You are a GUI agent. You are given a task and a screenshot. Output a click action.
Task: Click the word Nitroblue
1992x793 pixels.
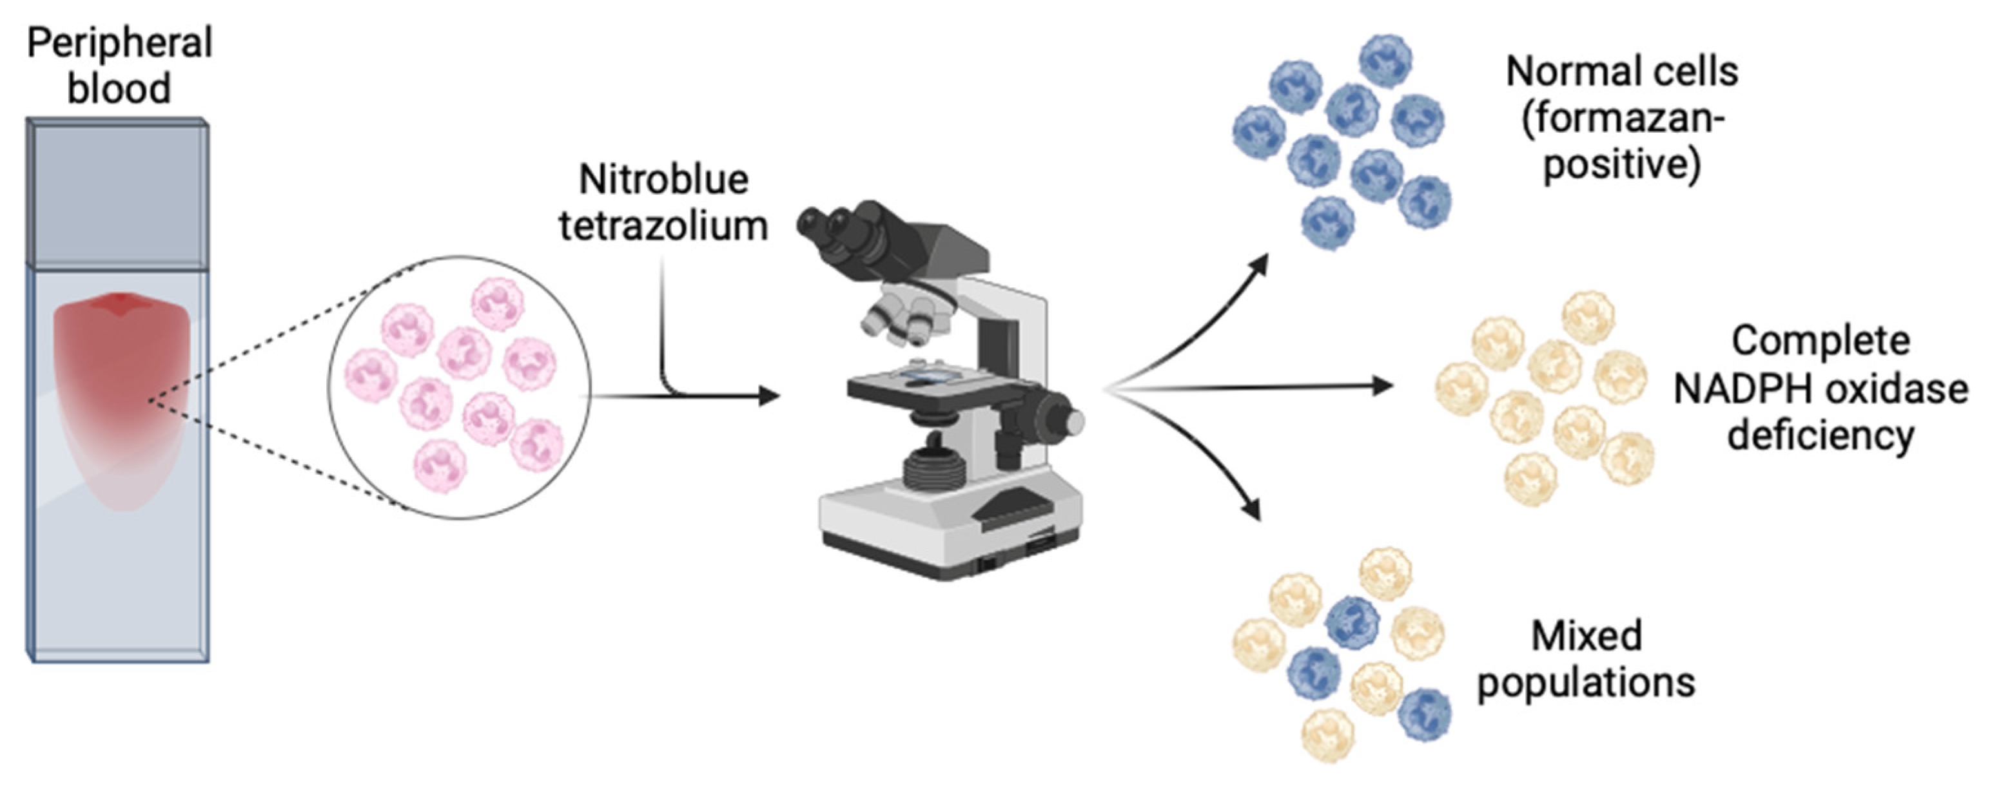click(x=663, y=180)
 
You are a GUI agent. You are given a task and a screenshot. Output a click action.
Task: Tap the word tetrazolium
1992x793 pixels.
click(x=663, y=227)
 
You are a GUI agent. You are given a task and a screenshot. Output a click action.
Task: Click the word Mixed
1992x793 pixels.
click(x=1586, y=636)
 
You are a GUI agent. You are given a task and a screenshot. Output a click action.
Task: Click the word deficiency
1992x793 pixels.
click(x=1821, y=435)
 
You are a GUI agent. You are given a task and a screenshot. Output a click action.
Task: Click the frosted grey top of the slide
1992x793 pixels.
click(x=117, y=193)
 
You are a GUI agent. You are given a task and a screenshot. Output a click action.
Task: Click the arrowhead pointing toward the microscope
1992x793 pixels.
click(x=770, y=397)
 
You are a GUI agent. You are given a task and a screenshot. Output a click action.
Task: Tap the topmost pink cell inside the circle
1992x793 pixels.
click(x=498, y=304)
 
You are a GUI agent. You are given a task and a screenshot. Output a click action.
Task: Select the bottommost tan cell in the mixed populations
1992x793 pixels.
click(x=1327, y=735)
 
